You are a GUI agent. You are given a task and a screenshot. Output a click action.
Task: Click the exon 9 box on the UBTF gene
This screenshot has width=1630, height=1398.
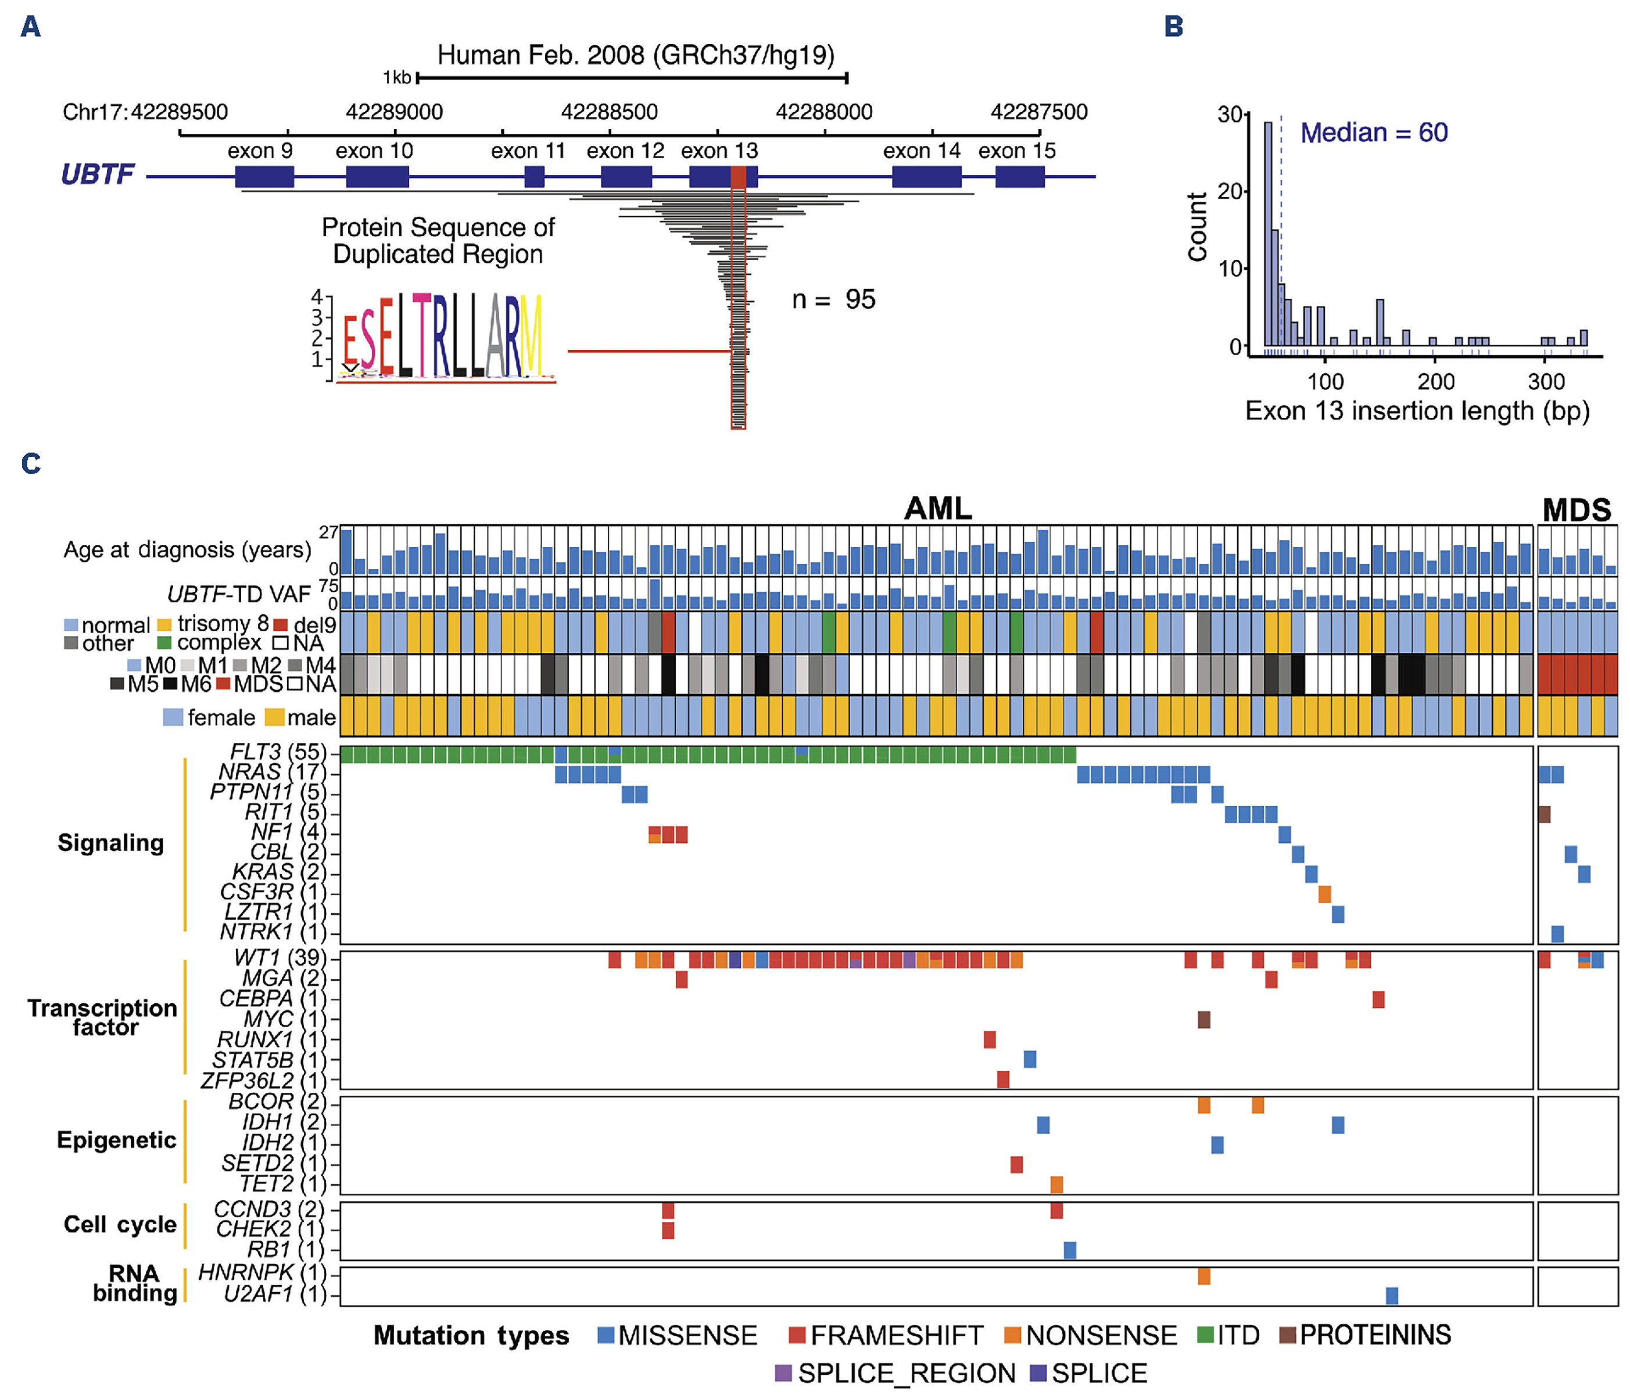click(264, 176)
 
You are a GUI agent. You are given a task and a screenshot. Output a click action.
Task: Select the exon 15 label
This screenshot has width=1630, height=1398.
click(1016, 151)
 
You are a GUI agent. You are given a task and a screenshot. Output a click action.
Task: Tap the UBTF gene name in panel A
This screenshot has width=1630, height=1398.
click(98, 174)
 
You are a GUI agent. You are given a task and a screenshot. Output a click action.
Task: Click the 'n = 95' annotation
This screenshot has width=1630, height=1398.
click(833, 300)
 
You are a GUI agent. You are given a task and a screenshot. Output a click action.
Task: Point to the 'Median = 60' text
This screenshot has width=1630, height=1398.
click(1374, 132)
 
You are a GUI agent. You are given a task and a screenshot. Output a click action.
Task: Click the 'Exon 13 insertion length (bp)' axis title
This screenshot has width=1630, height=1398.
click(1417, 410)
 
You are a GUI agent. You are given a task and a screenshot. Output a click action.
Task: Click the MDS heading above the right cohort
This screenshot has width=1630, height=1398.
click(1577, 510)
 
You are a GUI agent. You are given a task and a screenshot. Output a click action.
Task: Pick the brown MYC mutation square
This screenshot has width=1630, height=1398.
click(1203, 1020)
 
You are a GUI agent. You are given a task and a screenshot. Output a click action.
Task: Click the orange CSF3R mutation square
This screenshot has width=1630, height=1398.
click(1325, 893)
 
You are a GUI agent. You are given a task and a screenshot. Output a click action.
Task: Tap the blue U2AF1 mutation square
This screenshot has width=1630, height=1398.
click(1392, 1295)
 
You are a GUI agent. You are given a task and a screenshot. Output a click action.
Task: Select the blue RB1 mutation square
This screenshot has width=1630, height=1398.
click(1070, 1249)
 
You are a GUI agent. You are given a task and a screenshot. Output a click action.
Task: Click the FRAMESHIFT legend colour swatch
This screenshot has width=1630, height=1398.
click(797, 1335)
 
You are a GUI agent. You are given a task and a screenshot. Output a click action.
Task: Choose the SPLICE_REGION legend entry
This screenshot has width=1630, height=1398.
click(895, 1373)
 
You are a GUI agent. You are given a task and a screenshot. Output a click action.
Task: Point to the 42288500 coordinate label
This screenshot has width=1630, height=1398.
click(609, 112)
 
